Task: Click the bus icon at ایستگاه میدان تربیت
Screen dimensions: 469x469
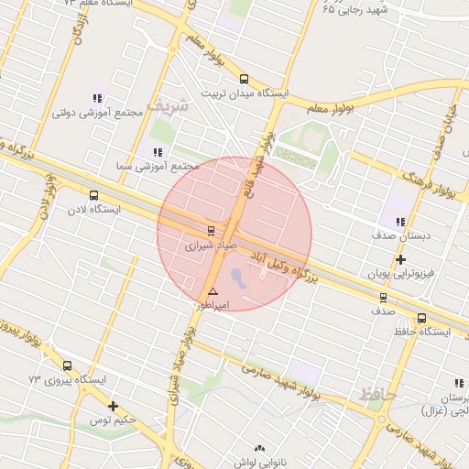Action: (244, 80)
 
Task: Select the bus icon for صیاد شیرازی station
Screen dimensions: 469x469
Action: (212, 230)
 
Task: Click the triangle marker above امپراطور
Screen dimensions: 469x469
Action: (213, 291)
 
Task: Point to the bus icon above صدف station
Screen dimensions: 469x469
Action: (383, 297)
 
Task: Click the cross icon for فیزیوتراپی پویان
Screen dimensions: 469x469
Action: (400, 260)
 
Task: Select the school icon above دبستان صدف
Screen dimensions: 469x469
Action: (400, 222)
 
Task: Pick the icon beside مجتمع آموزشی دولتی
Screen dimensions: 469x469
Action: (97, 98)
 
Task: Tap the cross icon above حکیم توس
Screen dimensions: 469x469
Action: (113, 406)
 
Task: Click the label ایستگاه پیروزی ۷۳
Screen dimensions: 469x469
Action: (67, 379)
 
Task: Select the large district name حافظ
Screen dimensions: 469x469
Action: (376, 394)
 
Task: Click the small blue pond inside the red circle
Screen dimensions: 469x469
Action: (238, 275)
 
